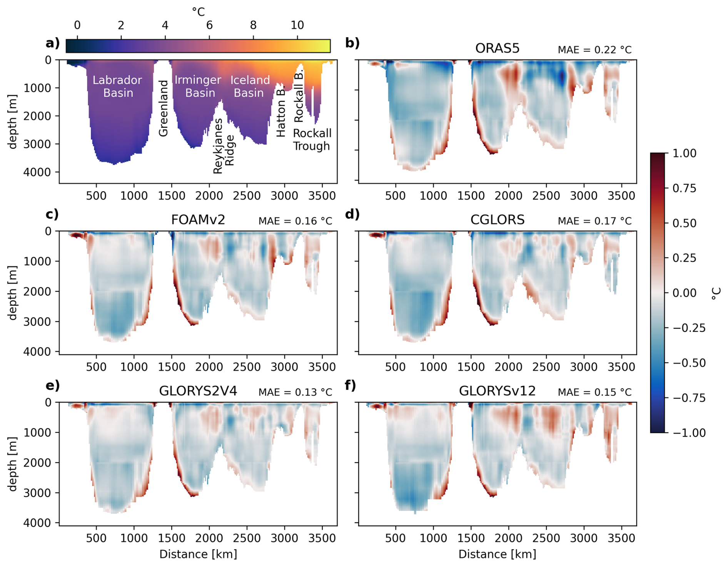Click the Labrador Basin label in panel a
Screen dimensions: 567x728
coord(117,86)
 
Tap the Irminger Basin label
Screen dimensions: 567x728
coord(198,86)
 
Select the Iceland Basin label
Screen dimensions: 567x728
coord(250,86)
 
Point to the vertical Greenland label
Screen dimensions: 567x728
coord(164,109)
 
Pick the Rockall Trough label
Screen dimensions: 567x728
coord(312,139)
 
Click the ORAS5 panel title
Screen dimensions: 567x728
coord(497,48)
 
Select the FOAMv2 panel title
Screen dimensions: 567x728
coord(198,219)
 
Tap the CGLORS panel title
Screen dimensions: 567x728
coord(497,219)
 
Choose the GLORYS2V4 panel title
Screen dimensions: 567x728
coord(198,391)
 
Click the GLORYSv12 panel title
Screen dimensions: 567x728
coord(497,391)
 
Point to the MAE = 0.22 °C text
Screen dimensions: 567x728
coord(594,50)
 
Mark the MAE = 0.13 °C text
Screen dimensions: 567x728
coord(295,392)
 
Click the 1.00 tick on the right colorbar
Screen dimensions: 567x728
coord(684,153)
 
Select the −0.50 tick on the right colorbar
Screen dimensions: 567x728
coord(689,363)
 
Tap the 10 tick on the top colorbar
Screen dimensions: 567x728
coord(297,25)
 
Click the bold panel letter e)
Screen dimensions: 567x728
coord(53,386)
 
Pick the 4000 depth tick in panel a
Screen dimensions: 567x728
coord(37,172)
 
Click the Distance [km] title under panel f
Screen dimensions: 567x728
coord(497,554)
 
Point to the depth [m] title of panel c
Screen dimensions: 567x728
coord(13,293)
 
